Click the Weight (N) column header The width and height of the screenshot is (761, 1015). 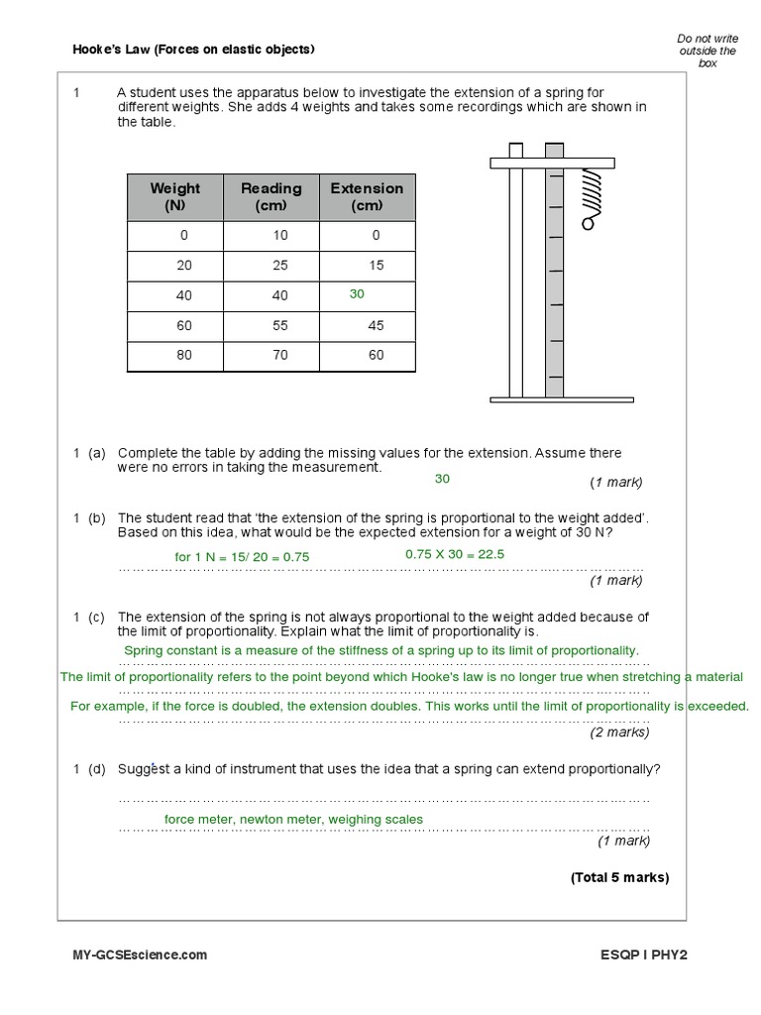click(175, 196)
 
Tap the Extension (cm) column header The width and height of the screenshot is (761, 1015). click(367, 196)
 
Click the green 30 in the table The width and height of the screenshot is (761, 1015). click(357, 294)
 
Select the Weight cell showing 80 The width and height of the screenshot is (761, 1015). click(184, 354)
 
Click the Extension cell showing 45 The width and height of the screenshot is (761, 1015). click(375, 324)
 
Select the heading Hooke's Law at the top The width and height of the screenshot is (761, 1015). click(194, 50)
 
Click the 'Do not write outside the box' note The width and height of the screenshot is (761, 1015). click(707, 51)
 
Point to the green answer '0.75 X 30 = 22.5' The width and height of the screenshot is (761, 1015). click(455, 554)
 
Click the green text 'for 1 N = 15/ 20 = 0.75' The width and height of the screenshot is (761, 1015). click(242, 557)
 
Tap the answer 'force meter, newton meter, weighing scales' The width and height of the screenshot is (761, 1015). click(293, 820)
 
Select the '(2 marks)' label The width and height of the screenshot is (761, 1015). click(619, 733)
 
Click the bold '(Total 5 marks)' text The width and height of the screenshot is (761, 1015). click(619, 877)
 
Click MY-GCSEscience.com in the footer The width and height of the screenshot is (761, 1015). click(140, 955)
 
